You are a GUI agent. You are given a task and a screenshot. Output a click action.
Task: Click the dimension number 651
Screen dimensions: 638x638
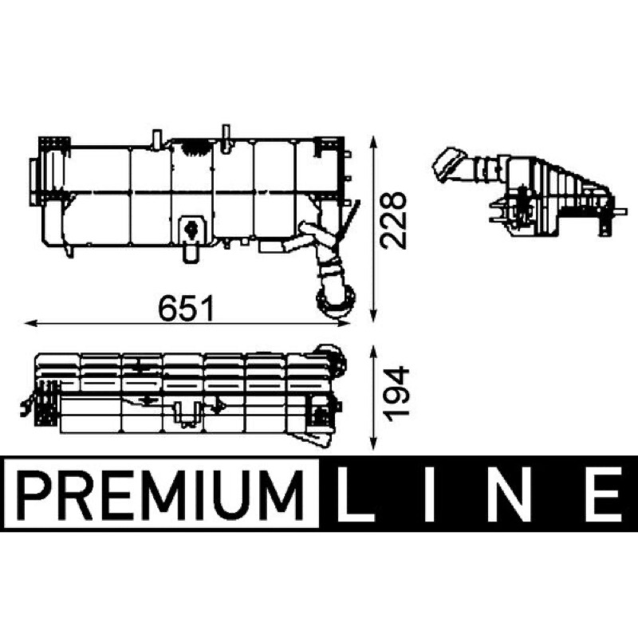(x=186, y=309)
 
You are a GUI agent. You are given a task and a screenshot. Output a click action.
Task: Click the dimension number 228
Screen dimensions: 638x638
(x=393, y=220)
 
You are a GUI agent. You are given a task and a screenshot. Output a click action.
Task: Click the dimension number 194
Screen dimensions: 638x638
(x=396, y=395)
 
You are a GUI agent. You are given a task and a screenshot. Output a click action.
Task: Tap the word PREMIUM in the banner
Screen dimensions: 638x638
(x=162, y=494)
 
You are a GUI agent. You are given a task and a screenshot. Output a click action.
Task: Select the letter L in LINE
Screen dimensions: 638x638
(x=354, y=494)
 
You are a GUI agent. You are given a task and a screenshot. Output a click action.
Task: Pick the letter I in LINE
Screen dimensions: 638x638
(x=430, y=494)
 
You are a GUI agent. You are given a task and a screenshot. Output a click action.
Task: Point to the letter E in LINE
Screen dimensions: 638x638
(x=605, y=494)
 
